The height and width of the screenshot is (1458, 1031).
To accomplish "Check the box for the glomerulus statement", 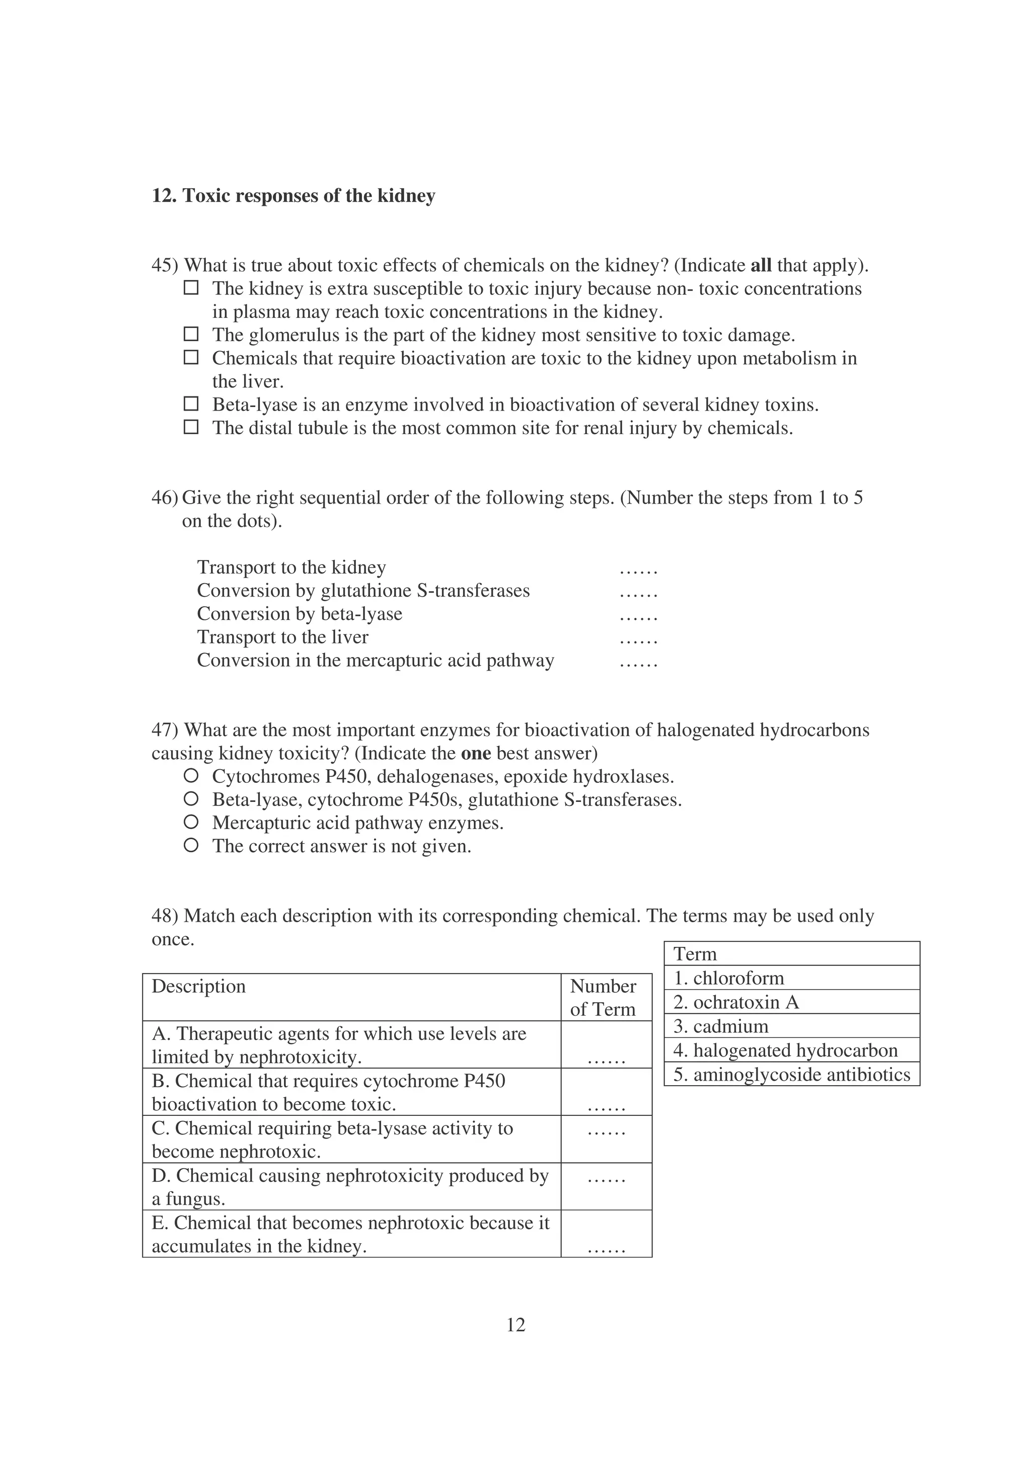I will [x=191, y=334].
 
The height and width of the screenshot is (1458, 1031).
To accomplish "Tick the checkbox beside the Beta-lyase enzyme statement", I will [x=191, y=404].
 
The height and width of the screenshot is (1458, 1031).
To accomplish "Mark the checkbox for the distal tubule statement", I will [x=191, y=427].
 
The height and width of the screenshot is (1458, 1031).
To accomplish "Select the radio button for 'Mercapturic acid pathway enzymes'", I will [x=191, y=823].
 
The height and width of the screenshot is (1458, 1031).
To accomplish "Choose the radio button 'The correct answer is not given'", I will [x=191, y=846].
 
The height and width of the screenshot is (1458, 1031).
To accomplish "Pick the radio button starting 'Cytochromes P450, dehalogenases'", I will [x=191, y=776].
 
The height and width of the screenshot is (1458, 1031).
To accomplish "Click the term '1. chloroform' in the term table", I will [x=728, y=978].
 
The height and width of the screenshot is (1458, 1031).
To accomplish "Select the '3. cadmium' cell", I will [x=720, y=1026].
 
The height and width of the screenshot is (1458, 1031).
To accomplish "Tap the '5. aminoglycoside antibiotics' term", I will [x=791, y=1075].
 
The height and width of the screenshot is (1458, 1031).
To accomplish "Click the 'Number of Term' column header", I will [x=603, y=998].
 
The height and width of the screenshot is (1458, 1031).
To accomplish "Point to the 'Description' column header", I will [x=198, y=986].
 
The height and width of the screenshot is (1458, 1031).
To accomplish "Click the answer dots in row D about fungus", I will [x=607, y=1179].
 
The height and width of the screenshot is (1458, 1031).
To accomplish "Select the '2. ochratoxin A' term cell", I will [x=735, y=1002].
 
